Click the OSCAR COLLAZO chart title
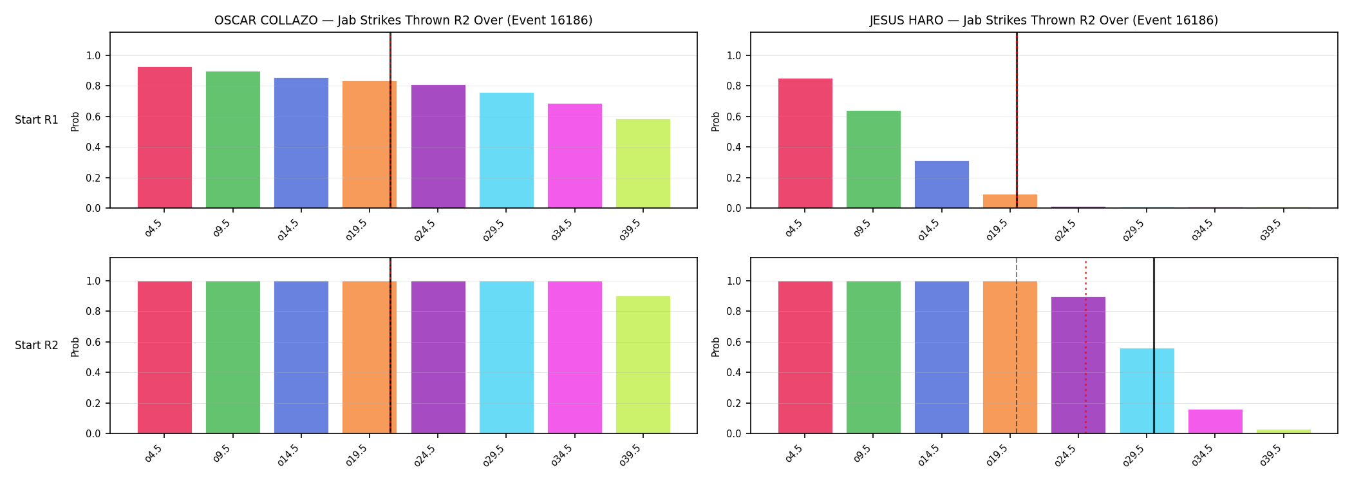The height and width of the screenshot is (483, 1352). click(404, 21)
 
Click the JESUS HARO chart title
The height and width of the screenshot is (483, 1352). click(1044, 21)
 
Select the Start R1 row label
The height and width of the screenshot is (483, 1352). click(37, 120)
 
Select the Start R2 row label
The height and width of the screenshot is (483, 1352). click(37, 345)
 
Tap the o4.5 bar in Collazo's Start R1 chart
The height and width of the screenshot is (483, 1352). click(165, 137)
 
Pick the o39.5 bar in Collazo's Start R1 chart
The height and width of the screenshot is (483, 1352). click(643, 164)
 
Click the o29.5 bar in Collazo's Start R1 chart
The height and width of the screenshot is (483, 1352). click(507, 150)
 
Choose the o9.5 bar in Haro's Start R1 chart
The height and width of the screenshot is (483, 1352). click(874, 159)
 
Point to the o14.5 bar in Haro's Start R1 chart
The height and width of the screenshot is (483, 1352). click(942, 184)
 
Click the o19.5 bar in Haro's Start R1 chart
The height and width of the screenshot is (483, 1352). click(1010, 201)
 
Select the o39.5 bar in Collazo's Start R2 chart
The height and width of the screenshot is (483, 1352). click(643, 365)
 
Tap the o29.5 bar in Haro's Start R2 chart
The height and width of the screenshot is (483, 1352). click(1147, 391)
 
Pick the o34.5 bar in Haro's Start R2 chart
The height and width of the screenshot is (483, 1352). click(1216, 421)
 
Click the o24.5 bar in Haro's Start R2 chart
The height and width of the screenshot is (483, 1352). click(1078, 365)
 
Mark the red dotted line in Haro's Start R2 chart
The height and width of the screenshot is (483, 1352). click(1085, 346)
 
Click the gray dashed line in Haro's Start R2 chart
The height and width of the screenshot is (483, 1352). click(1017, 346)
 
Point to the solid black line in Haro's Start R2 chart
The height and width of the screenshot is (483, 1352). click(1154, 346)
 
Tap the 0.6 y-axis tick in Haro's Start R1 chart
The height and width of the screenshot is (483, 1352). click(735, 117)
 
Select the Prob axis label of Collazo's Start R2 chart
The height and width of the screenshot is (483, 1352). click(75, 347)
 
